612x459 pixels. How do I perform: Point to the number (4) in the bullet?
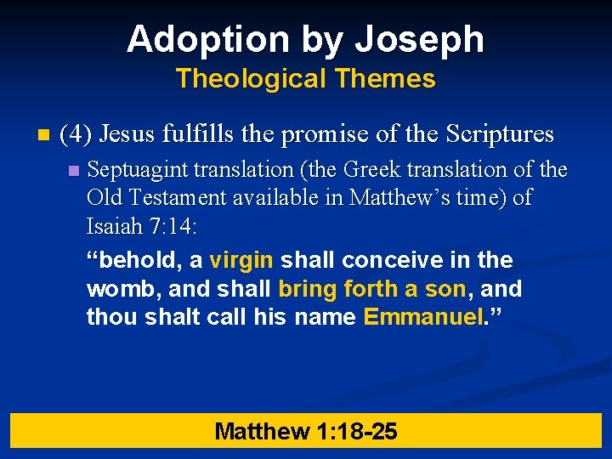77,134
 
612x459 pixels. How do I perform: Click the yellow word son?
445,289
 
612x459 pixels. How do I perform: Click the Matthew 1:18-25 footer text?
306,431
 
